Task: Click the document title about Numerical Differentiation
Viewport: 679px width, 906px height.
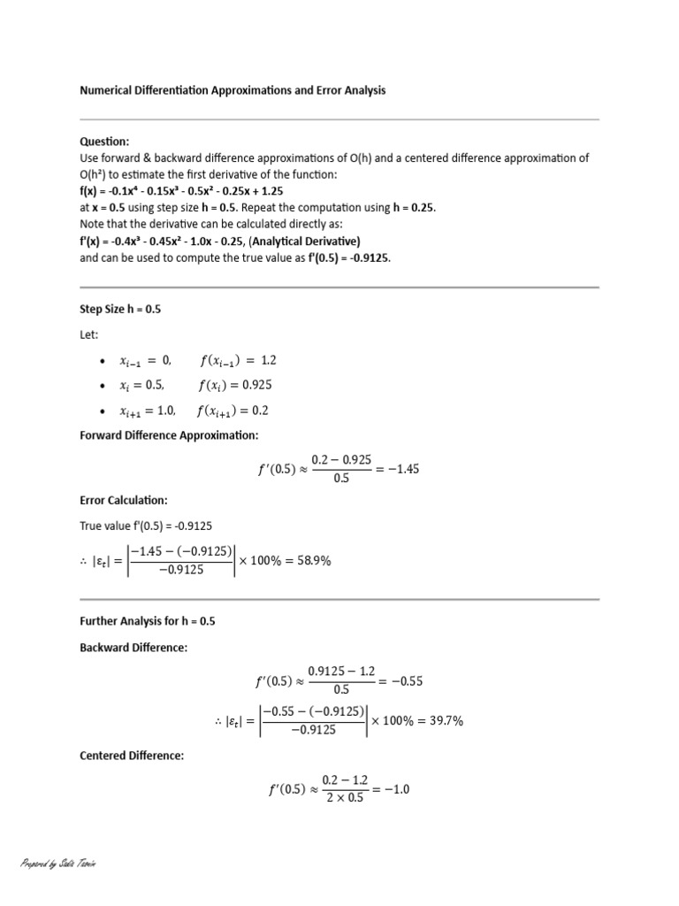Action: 233,90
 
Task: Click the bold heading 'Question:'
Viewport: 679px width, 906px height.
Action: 104,142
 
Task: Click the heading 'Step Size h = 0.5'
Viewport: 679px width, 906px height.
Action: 120,310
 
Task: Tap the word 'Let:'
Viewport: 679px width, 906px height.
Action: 89,336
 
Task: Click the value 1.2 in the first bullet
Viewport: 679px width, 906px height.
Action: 269,360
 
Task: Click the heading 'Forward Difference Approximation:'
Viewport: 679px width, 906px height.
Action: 169,435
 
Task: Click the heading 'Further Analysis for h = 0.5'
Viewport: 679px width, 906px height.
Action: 147,621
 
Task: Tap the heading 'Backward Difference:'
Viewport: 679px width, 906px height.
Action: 134,648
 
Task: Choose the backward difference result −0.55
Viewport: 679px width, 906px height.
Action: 406,682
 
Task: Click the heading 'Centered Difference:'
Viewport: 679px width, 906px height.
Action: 132,756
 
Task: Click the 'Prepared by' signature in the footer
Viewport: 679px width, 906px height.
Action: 57,863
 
